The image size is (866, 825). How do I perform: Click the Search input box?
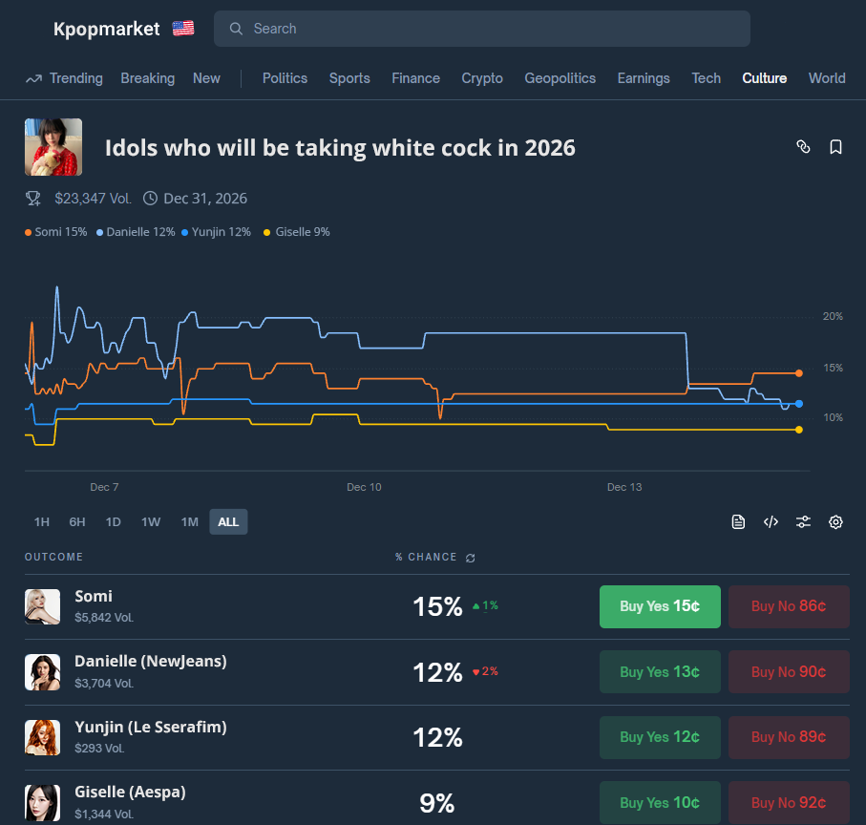point(482,29)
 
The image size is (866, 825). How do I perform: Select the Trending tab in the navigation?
point(65,78)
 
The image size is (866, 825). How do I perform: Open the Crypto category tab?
point(482,78)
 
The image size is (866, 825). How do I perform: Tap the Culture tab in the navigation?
point(765,78)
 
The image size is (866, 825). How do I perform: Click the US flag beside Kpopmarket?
point(183,29)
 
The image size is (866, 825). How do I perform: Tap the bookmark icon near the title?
point(835,147)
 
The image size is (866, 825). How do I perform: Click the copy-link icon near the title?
point(803,147)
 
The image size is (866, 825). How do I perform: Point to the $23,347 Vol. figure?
point(93,199)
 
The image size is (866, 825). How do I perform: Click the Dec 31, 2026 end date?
point(205,199)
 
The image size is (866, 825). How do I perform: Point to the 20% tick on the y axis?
point(833,316)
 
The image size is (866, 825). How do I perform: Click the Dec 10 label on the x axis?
point(364,487)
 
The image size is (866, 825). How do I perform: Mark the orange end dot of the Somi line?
point(799,373)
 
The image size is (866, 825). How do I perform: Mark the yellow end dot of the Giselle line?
point(799,430)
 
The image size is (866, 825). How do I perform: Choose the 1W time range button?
point(151,521)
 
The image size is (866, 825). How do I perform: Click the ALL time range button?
point(228,521)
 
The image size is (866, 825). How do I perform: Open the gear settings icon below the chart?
point(835,521)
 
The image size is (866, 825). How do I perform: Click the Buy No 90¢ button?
point(789,672)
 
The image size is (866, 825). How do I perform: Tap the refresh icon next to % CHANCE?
point(470,558)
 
